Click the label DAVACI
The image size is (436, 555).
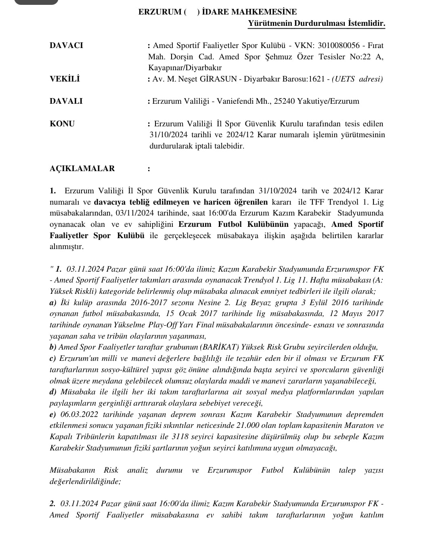pyautogui.click(x=66, y=45)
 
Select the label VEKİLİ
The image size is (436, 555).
pyautogui.click(x=65, y=79)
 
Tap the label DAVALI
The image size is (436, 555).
pyautogui.click(x=66, y=101)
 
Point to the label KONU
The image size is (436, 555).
pyautogui.click(x=62, y=124)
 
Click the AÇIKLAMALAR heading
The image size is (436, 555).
pyautogui.click(x=82, y=168)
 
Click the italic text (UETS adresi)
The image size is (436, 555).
pyautogui.click(x=357, y=79)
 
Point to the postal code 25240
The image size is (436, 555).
pyautogui.click(x=284, y=101)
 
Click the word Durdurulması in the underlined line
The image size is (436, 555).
pyautogui.click(x=320, y=23)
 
